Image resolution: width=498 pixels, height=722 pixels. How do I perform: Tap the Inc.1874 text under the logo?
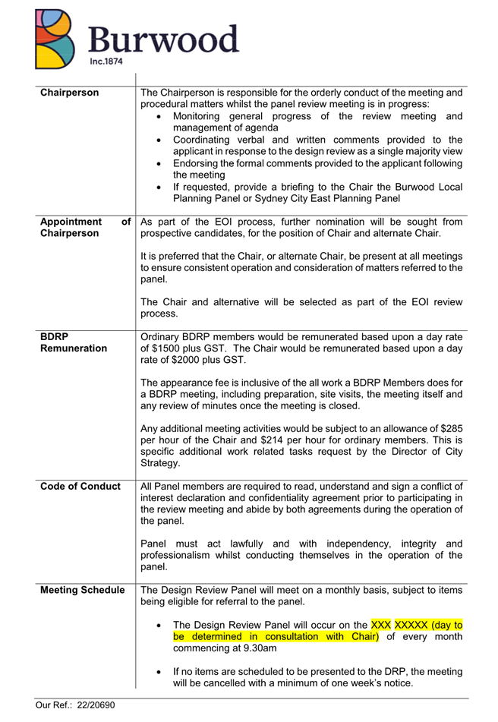click(105, 61)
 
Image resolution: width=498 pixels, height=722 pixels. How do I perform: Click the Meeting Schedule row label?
click(83, 590)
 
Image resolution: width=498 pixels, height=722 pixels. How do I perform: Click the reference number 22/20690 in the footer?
click(90, 705)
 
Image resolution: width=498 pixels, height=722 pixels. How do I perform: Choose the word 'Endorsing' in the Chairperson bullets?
click(199, 163)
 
